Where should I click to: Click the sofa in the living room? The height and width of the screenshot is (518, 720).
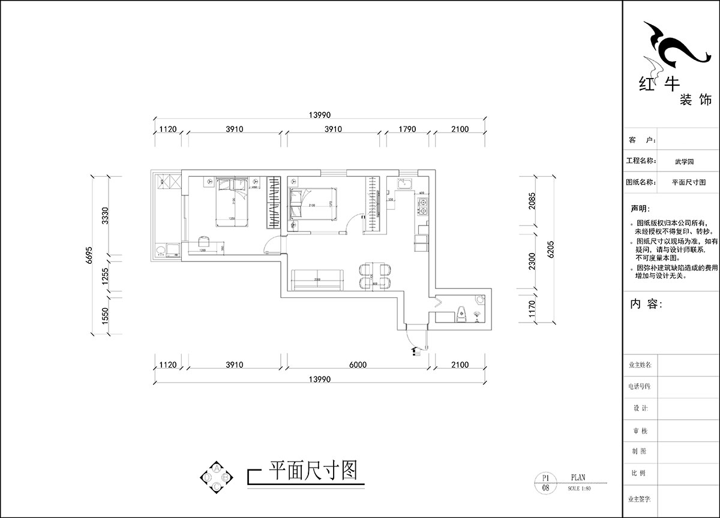point(317,279)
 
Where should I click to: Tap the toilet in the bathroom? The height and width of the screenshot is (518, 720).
point(460,314)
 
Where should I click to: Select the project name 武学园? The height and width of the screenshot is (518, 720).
point(684,161)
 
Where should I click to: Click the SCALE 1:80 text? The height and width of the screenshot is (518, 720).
point(579,488)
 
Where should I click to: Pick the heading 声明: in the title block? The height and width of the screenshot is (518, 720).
point(638,209)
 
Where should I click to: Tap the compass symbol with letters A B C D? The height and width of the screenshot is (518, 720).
point(216,477)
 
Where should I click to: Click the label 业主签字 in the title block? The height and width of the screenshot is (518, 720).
point(640,499)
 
